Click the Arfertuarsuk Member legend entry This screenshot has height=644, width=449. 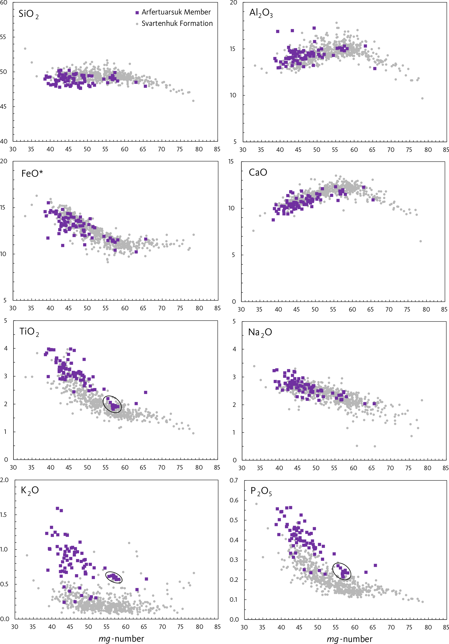pos(173,12)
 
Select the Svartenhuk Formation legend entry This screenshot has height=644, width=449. pos(174,24)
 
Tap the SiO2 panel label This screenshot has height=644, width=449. pos(28,14)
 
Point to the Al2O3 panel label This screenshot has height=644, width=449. pos(261,13)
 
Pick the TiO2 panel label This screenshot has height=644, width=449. pos(29,332)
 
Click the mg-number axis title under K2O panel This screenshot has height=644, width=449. pos(121,639)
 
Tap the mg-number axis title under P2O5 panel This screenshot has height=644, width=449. pos(349,639)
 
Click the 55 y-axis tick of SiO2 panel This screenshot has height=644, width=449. pos(3,37)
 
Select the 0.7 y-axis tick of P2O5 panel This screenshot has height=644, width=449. pos(234,480)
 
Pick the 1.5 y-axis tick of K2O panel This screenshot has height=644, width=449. pos(4,515)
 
